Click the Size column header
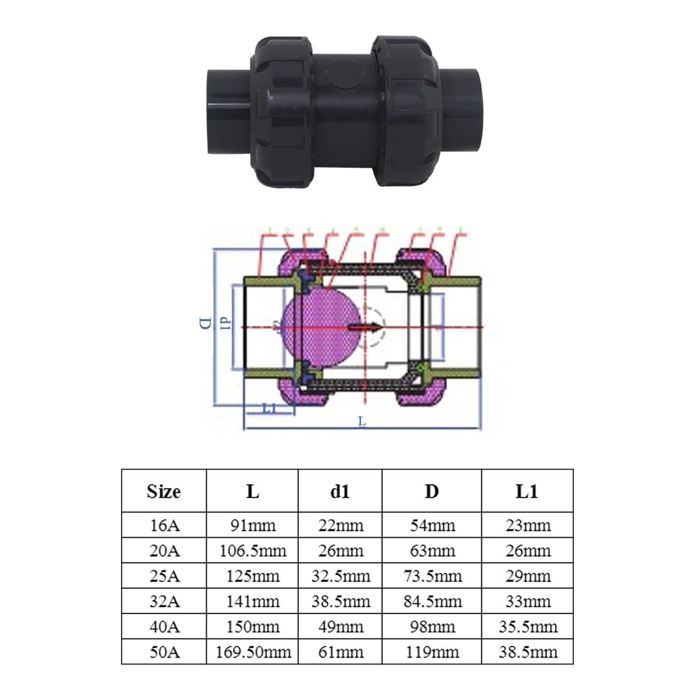(x=164, y=491)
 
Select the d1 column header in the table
(x=340, y=491)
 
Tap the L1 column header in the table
(x=527, y=491)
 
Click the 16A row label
(x=164, y=525)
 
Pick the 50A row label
(x=164, y=652)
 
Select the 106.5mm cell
(x=252, y=550)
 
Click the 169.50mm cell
(x=252, y=652)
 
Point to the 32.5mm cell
(x=340, y=576)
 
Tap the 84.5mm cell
(x=432, y=601)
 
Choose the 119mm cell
(x=432, y=652)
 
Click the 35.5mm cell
(x=527, y=627)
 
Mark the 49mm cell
(x=340, y=627)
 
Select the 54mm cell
(x=432, y=525)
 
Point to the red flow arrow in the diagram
(x=365, y=327)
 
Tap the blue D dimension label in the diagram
(x=205, y=323)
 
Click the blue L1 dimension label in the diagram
(x=269, y=408)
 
